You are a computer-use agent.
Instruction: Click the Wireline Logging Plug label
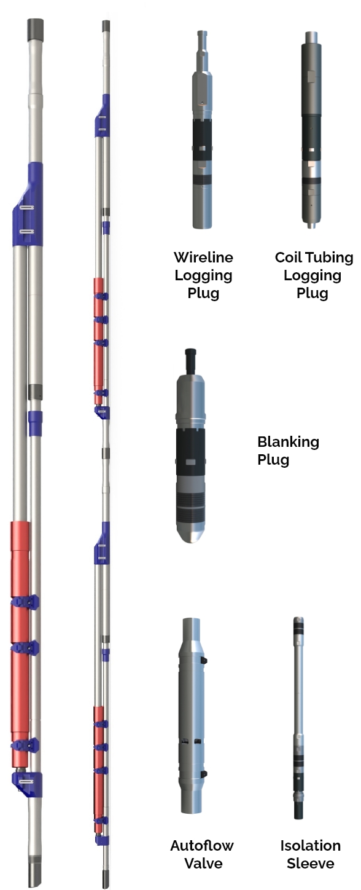203,275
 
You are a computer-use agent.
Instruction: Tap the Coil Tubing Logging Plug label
314,275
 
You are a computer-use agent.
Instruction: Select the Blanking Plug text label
288,451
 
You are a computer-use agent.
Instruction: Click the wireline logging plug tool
203,130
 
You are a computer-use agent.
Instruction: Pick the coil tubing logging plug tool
311,130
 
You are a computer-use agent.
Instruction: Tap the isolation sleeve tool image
299,718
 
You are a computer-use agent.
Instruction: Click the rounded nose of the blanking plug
191,532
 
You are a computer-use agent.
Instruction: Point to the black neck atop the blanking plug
190,360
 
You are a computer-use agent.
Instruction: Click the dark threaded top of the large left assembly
35,30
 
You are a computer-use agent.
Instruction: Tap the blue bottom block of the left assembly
27,784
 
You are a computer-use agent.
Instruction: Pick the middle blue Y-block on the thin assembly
102,543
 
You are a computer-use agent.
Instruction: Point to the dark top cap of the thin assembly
106,26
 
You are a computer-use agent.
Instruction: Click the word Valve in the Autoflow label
203,863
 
